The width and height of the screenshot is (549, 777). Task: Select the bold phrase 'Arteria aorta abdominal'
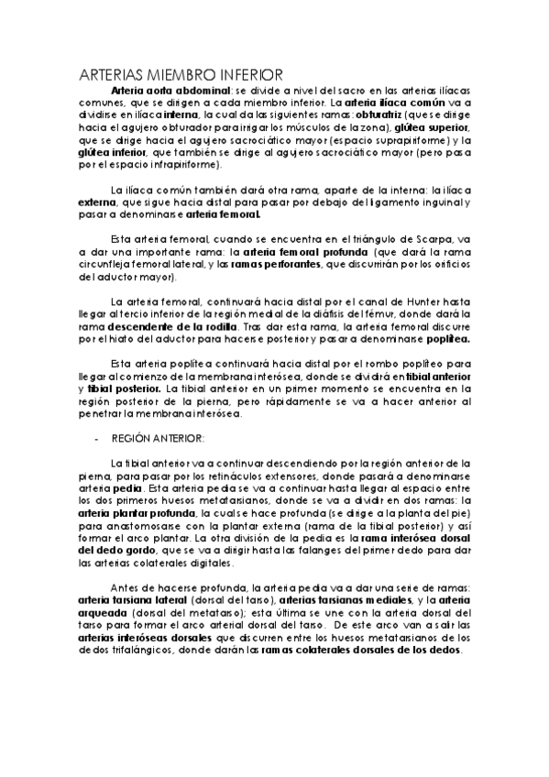(170, 92)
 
